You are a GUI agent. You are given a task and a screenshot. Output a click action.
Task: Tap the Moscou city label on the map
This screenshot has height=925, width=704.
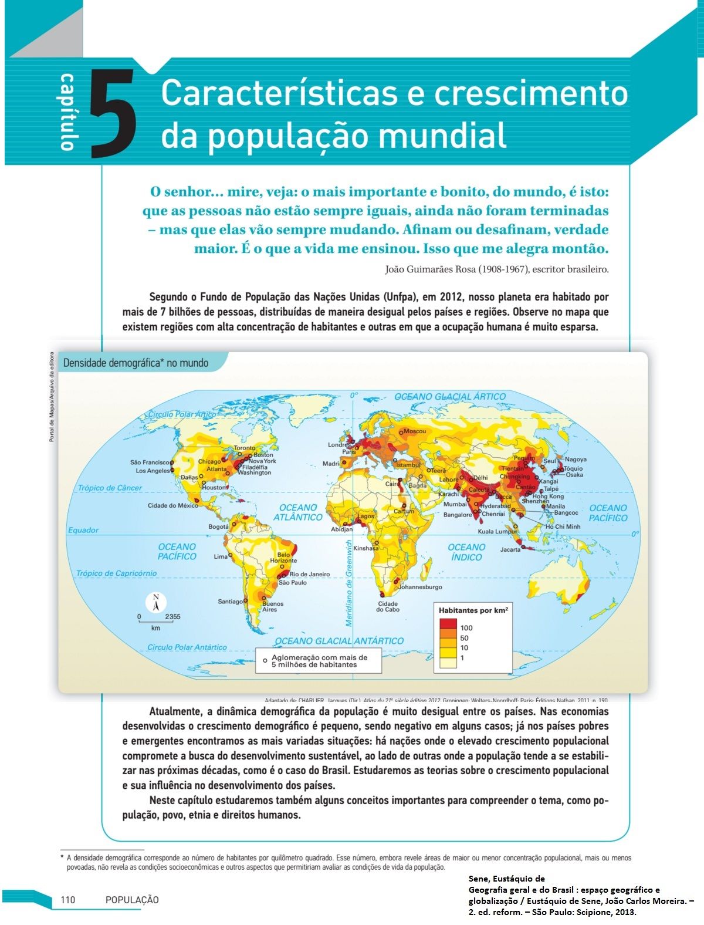tap(415, 431)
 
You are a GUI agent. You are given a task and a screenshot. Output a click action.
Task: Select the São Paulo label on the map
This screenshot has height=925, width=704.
tap(293, 583)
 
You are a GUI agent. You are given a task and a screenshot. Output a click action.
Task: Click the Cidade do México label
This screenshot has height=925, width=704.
tap(173, 505)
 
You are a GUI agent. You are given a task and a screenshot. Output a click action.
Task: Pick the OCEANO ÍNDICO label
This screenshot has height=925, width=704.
tap(466, 552)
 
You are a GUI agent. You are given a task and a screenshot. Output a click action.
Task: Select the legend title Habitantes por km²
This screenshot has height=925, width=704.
tap(473, 610)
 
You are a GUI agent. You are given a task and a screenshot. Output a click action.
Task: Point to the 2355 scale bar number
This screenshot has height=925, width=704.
tap(172, 617)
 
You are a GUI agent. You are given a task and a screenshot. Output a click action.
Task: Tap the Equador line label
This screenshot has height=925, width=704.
tap(83, 530)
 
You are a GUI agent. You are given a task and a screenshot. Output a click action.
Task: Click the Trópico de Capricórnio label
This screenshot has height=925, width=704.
tap(116, 573)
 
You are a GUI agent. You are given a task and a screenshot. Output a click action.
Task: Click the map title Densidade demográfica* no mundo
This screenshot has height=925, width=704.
tap(136, 363)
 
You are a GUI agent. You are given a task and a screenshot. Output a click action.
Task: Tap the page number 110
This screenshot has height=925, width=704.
tap(68, 900)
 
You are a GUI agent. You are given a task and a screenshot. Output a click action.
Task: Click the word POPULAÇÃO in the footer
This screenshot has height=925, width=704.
tap(132, 900)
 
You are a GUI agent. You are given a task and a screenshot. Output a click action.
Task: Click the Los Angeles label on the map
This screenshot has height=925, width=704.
tap(153, 471)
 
